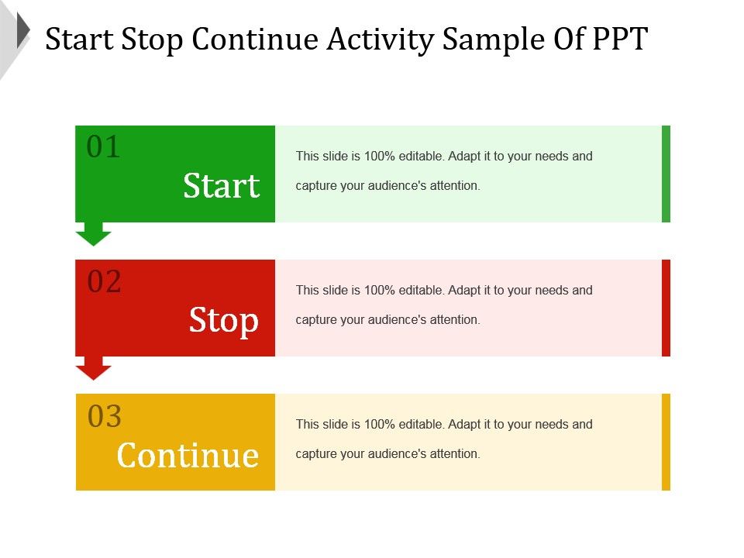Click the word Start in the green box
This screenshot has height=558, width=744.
(221, 185)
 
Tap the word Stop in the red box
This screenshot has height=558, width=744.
(223, 321)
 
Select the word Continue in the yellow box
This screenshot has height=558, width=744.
(188, 455)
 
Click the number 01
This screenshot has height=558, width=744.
(103, 146)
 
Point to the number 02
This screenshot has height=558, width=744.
(104, 281)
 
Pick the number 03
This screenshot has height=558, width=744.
(105, 416)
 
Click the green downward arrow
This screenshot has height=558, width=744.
(94, 234)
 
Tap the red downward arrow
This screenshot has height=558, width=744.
(94, 368)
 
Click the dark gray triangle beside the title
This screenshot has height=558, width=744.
(23, 30)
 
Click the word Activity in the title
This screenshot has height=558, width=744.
(380, 40)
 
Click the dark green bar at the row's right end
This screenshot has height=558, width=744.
(666, 174)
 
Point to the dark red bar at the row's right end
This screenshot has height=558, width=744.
(666, 308)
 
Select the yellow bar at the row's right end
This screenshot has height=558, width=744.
(666, 442)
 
